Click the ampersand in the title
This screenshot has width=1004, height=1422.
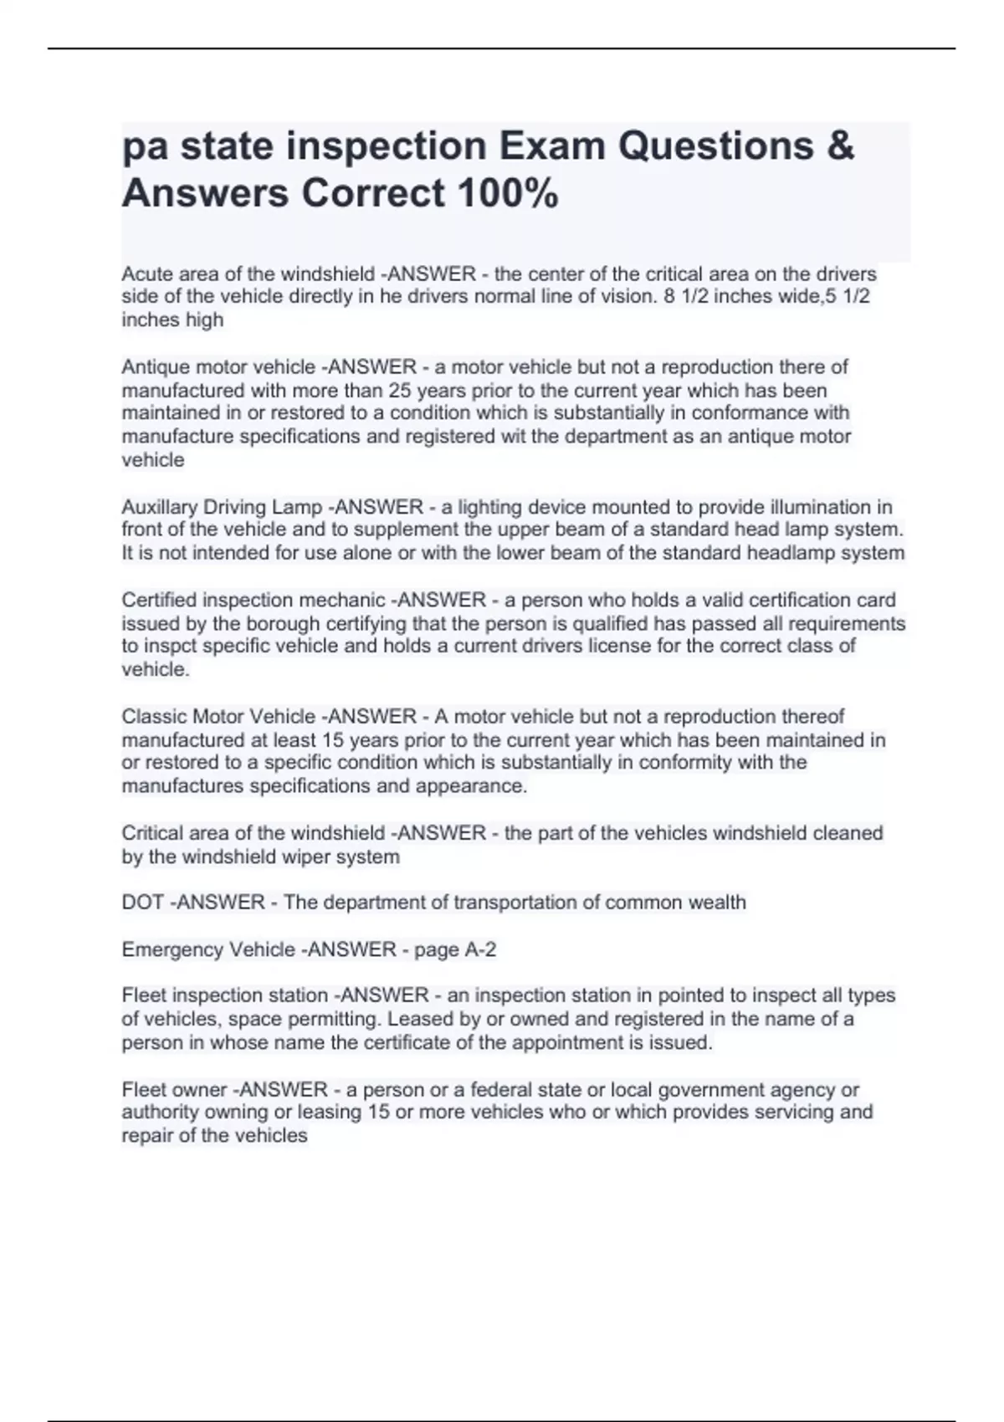pos(840,146)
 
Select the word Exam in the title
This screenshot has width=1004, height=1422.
pos(553,146)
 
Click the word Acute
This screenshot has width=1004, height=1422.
pos(146,274)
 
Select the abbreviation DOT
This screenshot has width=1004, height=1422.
pos(142,903)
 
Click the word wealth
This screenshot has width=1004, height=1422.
pos(714,903)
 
